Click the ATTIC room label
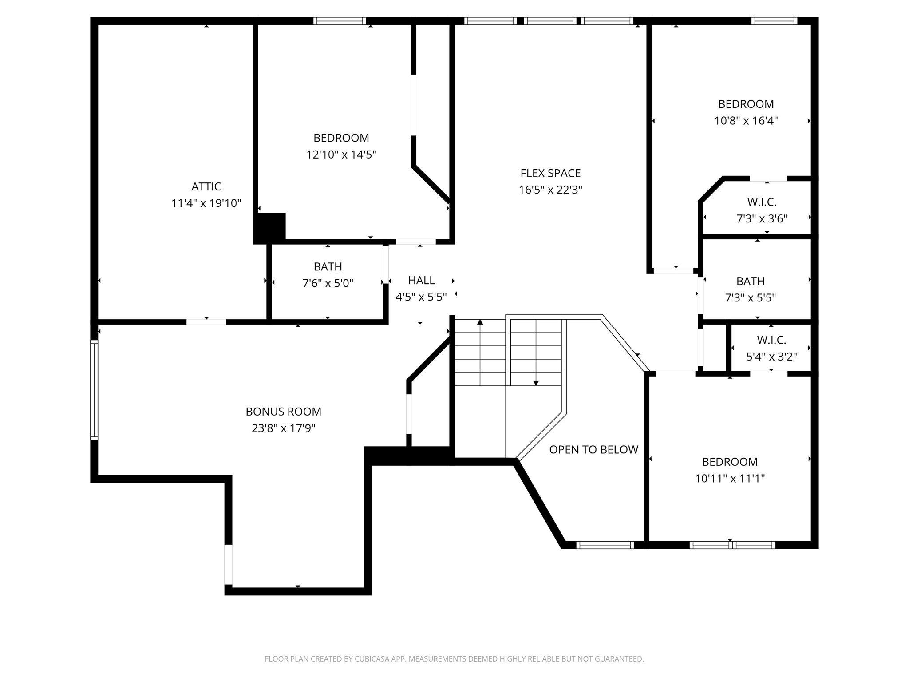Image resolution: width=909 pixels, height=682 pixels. tap(206, 186)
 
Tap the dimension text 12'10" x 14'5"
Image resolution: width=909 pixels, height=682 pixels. tap(341, 155)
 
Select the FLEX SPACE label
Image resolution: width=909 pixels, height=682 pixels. tap(550, 173)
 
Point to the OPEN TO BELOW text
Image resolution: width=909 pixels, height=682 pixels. tap(593, 450)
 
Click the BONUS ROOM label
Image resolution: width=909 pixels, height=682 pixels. tap(283, 412)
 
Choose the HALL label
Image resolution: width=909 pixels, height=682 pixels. tap(421, 281)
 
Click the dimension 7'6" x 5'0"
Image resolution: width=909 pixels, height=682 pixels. tap(328, 283)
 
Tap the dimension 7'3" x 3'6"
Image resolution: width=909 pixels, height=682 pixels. tap(762, 219)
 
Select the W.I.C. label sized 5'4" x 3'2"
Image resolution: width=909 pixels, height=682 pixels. tap(771, 340)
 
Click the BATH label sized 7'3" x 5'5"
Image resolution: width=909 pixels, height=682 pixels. tap(750, 281)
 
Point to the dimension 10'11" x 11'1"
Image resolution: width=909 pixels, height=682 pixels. tap(730, 479)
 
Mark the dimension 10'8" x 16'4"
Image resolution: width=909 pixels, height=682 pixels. tap(746, 121)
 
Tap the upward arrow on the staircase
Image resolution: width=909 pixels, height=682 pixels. tap(480, 322)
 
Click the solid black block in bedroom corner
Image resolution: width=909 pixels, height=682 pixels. tap(269, 227)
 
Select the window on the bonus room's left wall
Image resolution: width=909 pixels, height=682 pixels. tap(94, 390)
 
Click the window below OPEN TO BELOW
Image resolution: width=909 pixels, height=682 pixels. tap(605, 545)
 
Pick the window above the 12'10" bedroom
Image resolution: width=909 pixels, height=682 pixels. tap(340, 21)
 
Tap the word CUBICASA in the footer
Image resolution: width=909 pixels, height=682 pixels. tap(372, 659)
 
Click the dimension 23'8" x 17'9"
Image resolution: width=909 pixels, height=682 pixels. tap(283, 428)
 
